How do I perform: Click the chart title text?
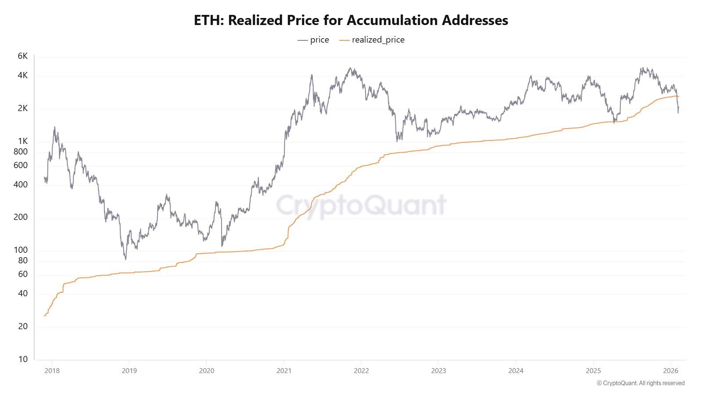351,20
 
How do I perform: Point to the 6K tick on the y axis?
22,56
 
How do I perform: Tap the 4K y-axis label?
22,75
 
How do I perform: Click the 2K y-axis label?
22,108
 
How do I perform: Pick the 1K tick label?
22,141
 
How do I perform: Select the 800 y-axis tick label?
20,152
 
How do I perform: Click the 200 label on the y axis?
20,217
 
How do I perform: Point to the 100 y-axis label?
20,250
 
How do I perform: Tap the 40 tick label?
22,294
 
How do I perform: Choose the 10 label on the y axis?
23,359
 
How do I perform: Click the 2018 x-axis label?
52,371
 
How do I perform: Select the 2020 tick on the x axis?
207,371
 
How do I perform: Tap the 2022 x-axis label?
361,371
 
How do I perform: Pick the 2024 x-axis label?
516,371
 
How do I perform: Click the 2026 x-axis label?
670,371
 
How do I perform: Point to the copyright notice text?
641,383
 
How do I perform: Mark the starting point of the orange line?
45,316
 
